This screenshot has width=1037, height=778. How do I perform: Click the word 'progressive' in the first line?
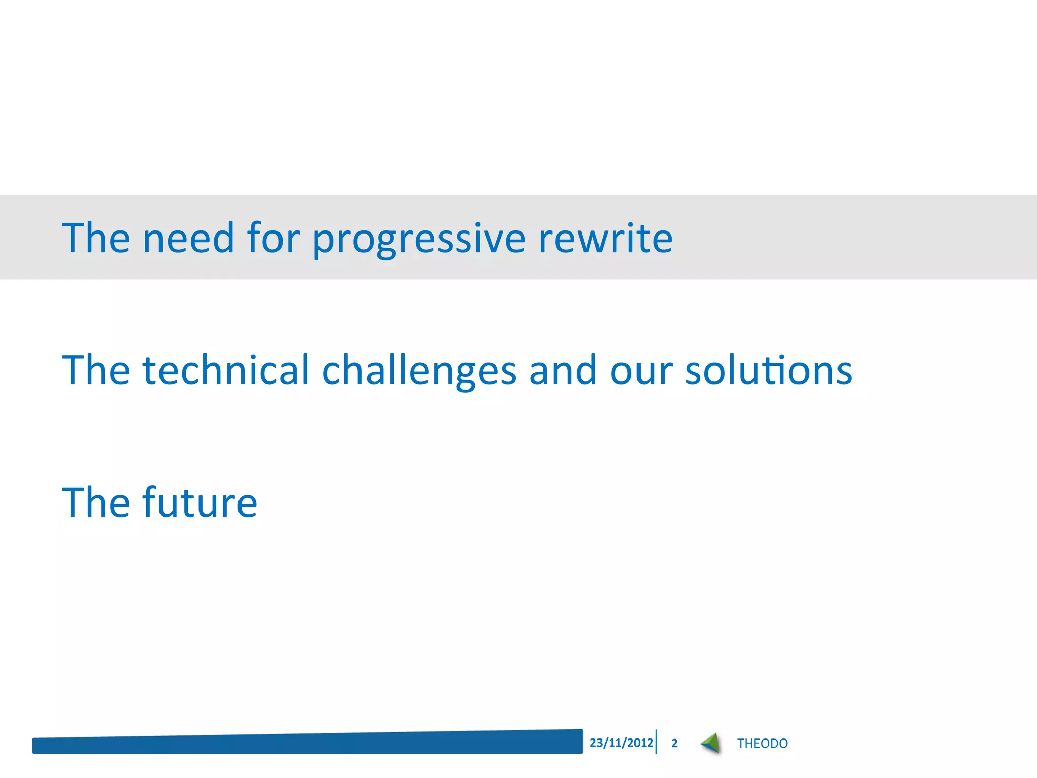419,239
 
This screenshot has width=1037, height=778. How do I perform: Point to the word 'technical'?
226,370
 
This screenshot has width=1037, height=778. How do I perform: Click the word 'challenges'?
419,371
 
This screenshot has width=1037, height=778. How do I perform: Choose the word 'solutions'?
769,370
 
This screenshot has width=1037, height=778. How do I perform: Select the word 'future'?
200,502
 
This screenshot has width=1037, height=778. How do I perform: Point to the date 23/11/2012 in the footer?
621,743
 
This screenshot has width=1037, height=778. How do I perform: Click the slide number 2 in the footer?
674,743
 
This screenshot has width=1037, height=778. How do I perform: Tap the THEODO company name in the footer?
762,743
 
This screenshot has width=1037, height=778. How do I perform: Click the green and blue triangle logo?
711,743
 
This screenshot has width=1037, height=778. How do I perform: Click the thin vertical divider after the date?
656,742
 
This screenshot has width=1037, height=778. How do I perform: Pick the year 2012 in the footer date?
641,743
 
